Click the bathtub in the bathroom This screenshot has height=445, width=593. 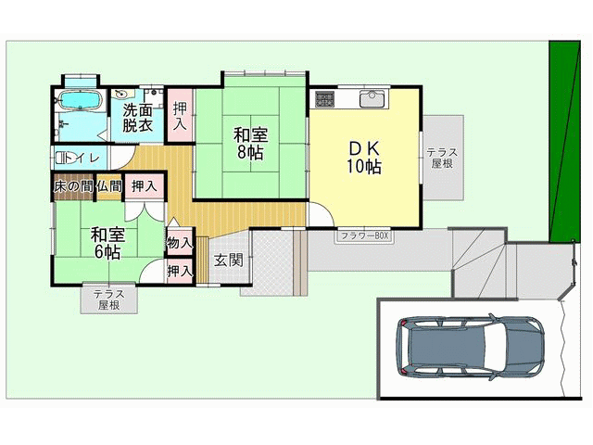point(80,100)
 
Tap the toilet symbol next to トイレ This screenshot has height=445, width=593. point(62,158)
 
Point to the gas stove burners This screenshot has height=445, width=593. point(324,99)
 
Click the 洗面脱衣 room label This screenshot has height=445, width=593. point(138,118)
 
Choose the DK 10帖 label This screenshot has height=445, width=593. point(364,158)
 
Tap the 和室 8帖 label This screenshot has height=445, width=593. point(250,144)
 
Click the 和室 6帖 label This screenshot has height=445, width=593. point(107,243)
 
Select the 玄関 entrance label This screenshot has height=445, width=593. point(229,261)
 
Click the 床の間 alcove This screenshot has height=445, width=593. point(73,186)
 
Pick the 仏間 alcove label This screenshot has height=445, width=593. point(109,186)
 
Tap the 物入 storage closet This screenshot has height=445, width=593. point(180,242)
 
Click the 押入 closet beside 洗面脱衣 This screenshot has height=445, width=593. point(179,115)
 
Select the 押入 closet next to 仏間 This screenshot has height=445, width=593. point(145,185)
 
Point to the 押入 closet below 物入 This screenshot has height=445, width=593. point(180,271)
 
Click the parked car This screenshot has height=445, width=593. point(471,347)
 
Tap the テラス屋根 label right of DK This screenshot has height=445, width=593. point(442,159)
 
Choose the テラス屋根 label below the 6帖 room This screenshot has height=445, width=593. point(109,299)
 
